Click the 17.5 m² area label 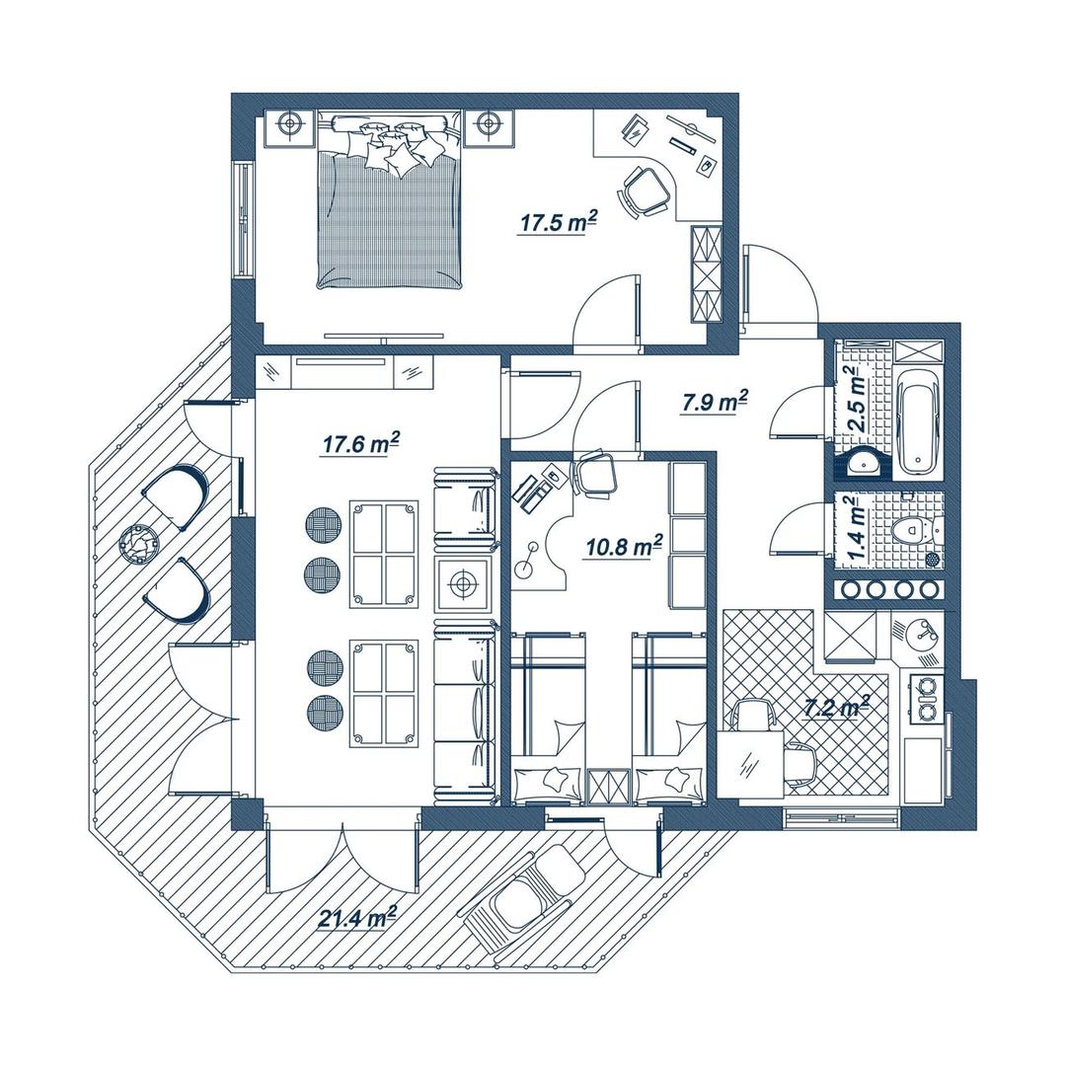(559, 221)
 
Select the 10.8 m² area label (624, 546)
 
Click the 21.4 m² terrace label (357, 919)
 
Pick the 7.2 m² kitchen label (837, 708)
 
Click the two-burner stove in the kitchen (925, 698)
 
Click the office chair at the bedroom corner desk (644, 190)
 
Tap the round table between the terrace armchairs (139, 543)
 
